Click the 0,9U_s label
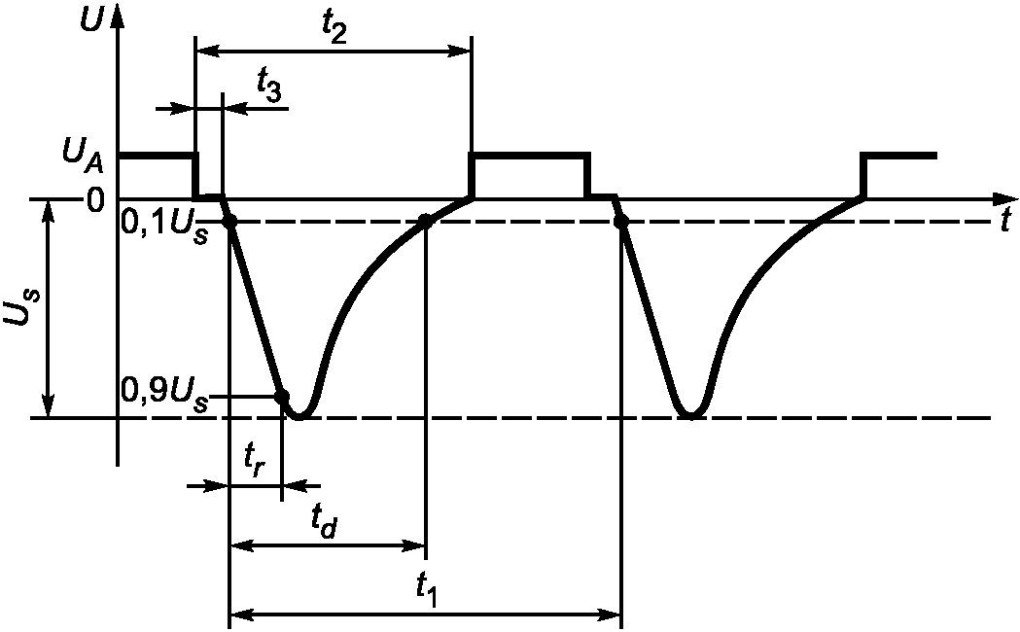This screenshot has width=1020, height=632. tap(164, 395)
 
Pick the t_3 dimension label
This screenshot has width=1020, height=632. tap(270, 88)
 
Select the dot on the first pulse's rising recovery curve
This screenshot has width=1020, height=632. tap(425, 222)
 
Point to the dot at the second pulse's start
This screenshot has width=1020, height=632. tap(621, 222)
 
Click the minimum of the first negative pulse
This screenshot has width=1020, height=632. tap(299, 416)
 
